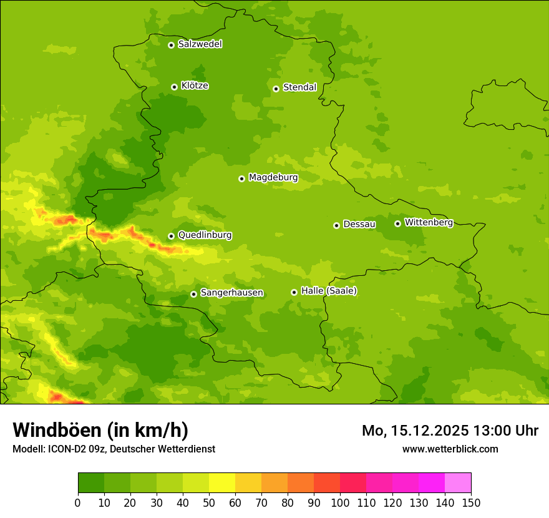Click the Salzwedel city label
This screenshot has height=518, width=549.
click(200, 44)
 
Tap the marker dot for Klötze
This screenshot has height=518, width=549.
click(174, 87)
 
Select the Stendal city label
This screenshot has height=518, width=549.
click(299, 87)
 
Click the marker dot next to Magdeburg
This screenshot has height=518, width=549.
click(241, 178)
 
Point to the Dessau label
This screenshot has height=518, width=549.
click(359, 224)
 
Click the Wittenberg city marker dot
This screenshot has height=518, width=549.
click(397, 223)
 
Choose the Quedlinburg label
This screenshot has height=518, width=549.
click(205, 235)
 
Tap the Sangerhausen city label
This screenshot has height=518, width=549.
click(231, 293)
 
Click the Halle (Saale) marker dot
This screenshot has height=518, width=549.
click(294, 292)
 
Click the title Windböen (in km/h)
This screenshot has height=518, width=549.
click(100, 430)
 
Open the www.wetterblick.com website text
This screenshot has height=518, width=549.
click(450, 449)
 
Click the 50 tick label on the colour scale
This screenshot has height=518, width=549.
click(209, 502)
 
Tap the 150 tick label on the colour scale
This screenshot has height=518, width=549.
click(471, 502)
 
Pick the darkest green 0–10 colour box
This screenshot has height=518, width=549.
click(91, 483)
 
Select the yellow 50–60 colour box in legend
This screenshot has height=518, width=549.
click(222, 483)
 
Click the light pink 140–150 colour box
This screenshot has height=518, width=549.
click(458, 483)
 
